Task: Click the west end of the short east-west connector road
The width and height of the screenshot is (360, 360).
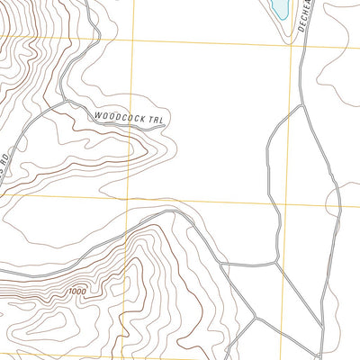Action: tap(223, 265)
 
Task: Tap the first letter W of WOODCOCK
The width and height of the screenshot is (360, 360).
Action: tap(96, 113)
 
